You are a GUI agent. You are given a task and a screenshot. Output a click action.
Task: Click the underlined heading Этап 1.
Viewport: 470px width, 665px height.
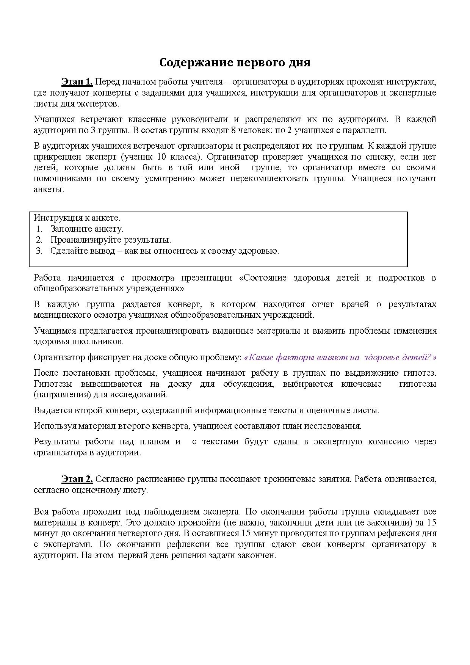[x=77, y=82]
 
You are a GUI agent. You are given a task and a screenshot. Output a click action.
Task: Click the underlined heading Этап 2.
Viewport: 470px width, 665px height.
[x=77, y=479]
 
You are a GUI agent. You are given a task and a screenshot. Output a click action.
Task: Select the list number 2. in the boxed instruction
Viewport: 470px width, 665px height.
[x=39, y=240]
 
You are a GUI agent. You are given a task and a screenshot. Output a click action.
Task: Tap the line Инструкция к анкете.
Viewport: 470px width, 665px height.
[x=77, y=218]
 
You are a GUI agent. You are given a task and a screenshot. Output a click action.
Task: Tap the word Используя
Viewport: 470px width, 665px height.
[x=55, y=426]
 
